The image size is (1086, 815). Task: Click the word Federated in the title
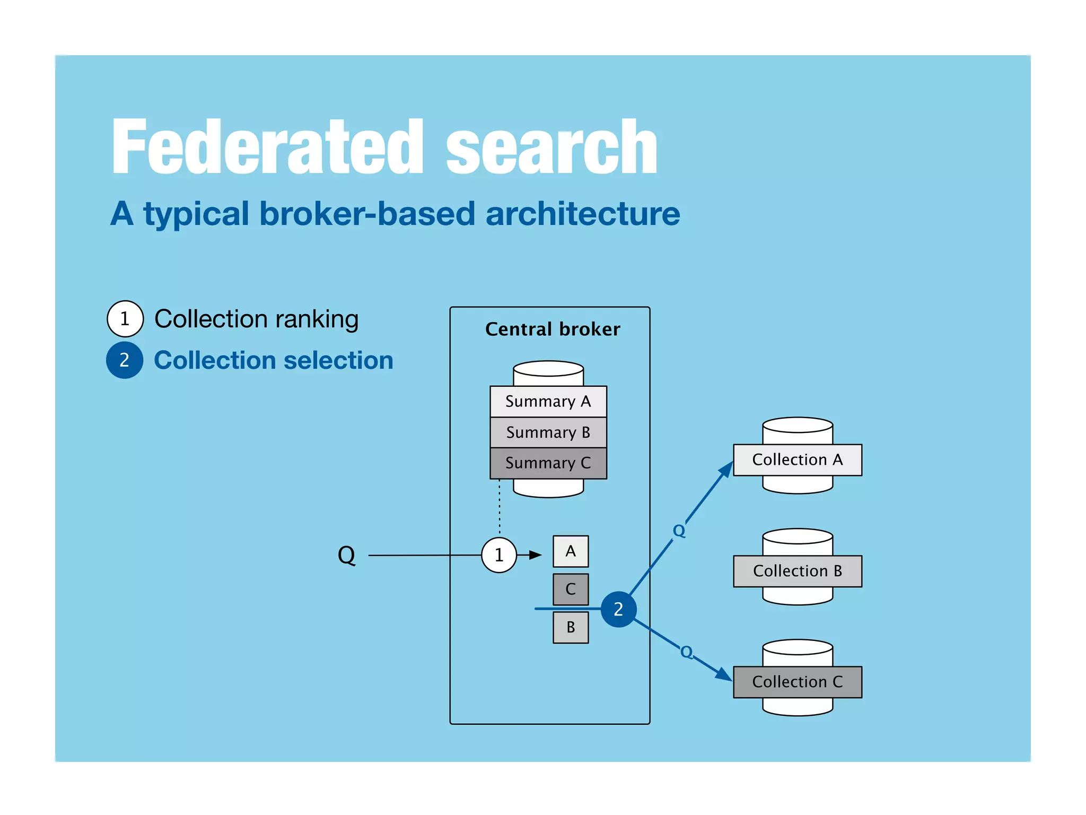point(268,147)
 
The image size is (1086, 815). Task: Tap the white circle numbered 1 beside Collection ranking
point(125,319)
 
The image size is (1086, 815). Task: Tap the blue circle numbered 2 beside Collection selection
point(125,360)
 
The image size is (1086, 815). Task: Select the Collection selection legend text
point(273,360)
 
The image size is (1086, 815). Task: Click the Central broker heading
point(552,330)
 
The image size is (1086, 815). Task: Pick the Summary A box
point(548,402)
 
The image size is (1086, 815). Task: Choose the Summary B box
point(548,432)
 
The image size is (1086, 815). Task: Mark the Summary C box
point(548,463)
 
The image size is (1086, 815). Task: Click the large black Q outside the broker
point(346,556)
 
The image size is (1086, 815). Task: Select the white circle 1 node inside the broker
point(498,555)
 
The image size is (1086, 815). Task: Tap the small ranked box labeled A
point(571,551)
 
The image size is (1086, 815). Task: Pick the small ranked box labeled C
point(571,589)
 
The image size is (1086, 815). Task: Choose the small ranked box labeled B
point(571,627)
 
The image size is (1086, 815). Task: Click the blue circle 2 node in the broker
point(618,609)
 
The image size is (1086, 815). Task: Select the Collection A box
point(797,459)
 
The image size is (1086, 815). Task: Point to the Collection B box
point(797,571)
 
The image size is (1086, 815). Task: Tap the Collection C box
point(797,682)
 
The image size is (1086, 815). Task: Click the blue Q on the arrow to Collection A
point(679,531)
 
